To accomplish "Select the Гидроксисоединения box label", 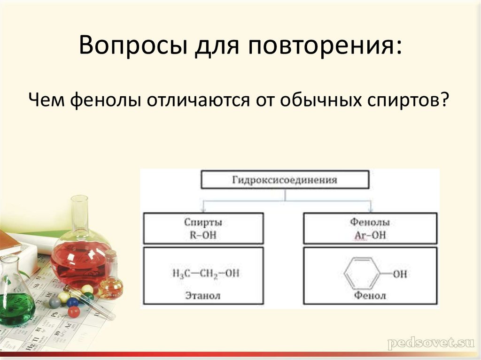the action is coord(285,180).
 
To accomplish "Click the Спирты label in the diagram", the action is coord(203,222).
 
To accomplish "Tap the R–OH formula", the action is coord(203,235).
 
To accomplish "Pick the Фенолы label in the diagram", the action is coord(370,222).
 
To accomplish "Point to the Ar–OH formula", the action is coord(370,235).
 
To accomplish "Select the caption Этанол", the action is coord(203,296).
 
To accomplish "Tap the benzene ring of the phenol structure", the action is coord(361,273).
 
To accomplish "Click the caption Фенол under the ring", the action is coord(370,296).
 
